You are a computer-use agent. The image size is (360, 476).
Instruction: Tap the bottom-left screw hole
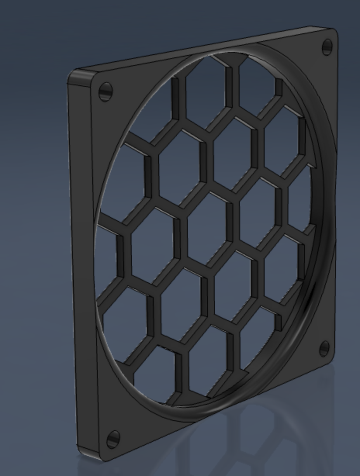(113, 439)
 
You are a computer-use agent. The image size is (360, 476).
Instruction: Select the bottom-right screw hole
(324, 348)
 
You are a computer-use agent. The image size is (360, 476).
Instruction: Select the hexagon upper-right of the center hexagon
(233, 151)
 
